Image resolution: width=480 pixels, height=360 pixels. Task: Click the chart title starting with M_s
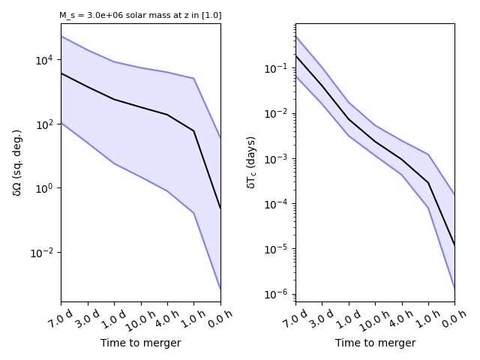click(140, 15)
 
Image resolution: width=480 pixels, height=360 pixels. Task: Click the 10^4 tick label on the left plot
click(45, 60)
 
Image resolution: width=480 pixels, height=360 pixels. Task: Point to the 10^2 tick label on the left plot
click(45, 124)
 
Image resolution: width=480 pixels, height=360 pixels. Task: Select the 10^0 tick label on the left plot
click(45, 188)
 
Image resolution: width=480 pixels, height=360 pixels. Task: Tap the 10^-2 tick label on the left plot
click(43, 253)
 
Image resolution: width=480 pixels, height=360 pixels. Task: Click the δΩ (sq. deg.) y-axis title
click(17, 162)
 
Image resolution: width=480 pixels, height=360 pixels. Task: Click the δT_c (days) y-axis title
click(252, 162)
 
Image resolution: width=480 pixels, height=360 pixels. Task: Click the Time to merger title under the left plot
click(141, 343)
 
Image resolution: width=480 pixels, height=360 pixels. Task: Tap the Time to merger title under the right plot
click(375, 343)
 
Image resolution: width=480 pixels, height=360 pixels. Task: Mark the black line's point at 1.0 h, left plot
click(193, 131)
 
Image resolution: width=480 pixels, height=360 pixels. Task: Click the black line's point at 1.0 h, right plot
click(428, 183)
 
